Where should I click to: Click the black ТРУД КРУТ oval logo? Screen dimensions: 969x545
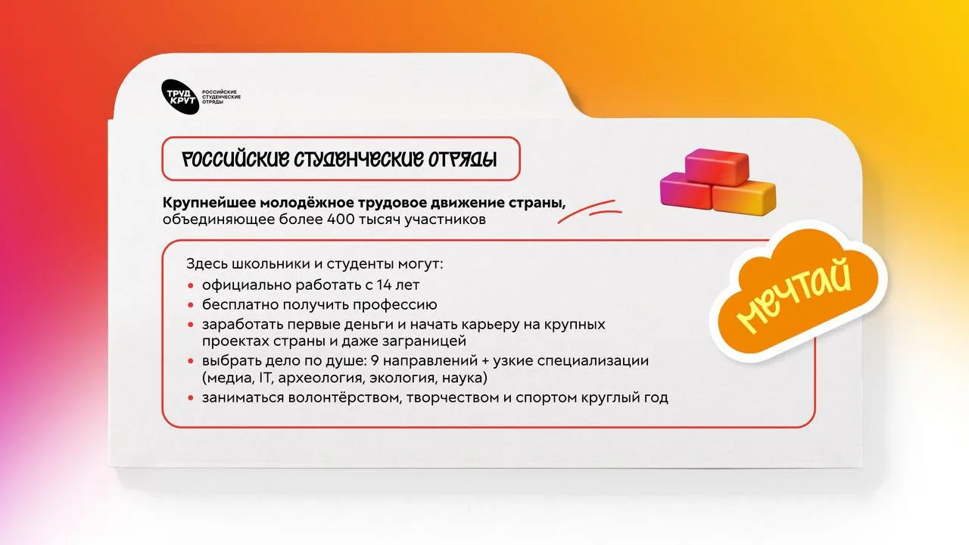[180, 97]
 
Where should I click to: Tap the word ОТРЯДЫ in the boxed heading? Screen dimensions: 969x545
[463, 160]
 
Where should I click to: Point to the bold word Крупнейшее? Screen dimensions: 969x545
[209, 203]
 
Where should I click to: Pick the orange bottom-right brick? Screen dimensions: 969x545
[744, 198]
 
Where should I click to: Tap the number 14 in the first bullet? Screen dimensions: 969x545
[384, 285]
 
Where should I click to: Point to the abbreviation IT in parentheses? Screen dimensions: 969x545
[264, 378]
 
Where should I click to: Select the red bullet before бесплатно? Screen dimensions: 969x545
[191, 305]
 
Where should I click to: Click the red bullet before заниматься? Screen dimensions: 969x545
[191, 398]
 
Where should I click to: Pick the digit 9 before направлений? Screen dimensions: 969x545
[375, 360]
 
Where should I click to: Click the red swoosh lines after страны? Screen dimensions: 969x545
[590, 211]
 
